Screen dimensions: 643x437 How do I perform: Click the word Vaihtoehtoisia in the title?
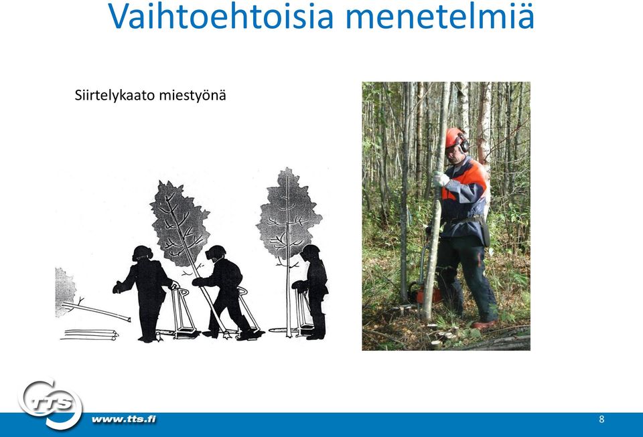tap(221, 16)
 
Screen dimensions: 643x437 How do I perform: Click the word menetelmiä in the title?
tap(440, 16)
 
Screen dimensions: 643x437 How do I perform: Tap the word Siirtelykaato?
tap(115, 96)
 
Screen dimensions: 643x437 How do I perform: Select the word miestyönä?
tap(192, 96)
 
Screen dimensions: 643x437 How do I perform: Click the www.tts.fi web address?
tap(124, 419)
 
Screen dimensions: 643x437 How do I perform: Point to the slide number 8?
tap(601, 419)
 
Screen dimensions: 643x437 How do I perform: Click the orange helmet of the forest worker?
tap(453, 137)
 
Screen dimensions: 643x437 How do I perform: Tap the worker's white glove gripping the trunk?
tap(440, 179)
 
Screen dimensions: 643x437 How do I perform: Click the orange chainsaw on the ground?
tap(425, 293)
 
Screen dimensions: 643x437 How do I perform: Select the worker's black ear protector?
tap(464, 143)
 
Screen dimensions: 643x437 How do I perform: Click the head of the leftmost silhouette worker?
tap(142, 253)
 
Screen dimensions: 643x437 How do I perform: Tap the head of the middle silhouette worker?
tap(215, 252)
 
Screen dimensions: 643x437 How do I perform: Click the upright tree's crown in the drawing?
tap(288, 213)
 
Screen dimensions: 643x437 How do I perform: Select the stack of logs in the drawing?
tap(90, 335)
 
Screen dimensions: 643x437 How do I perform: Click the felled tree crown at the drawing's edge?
tap(65, 292)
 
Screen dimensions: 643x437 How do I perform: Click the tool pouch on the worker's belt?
tap(485, 232)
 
